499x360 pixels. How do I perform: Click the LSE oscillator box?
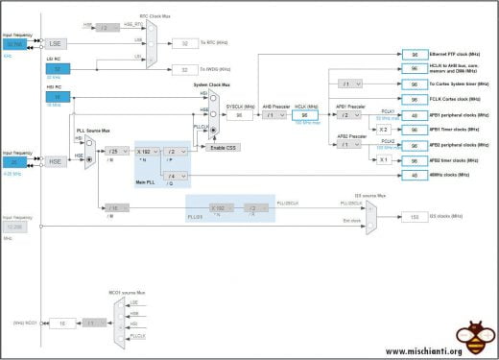(55, 43)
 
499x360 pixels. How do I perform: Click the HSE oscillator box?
(55, 161)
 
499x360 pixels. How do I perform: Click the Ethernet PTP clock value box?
(415, 54)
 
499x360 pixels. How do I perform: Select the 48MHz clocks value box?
(415, 176)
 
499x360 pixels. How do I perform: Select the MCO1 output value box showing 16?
(61, 324)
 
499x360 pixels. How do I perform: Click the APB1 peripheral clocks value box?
(415, 115)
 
